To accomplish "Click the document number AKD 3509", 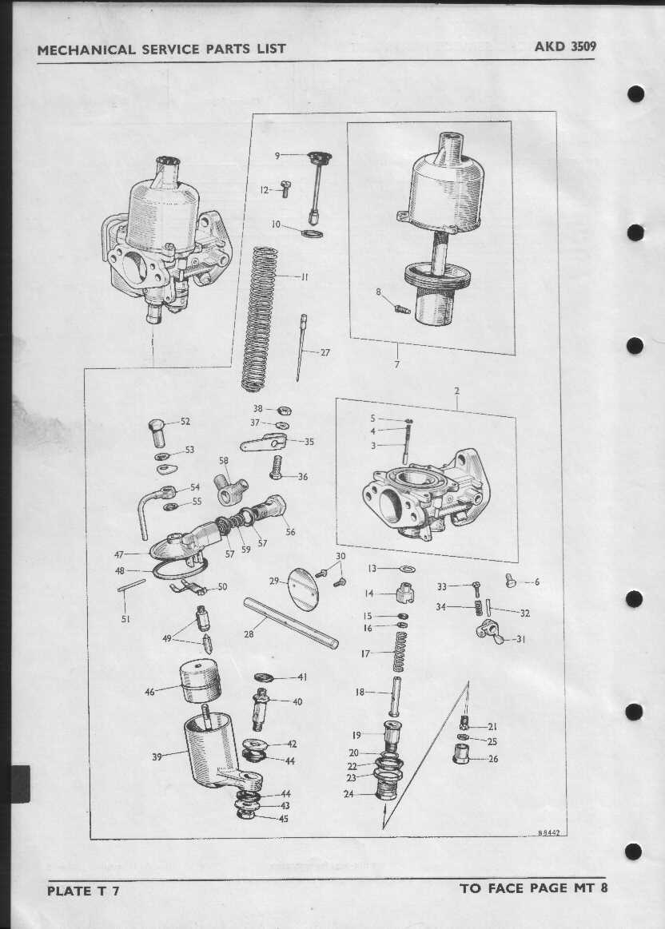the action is click(x=565, y=46).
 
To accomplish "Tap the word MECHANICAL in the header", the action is click(x=86, y=50).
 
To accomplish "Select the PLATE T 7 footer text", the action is click(x=83, y=891).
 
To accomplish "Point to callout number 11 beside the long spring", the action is click(x=305, y=276).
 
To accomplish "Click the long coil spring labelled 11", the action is click(x=260, y=319).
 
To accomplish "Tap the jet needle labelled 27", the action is click(x=301, y=347).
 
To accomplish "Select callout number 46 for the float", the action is click(x=149, y=692).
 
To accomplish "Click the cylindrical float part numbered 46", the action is click(x=201, y=681).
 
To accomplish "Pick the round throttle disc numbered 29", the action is click(x=303, y=589).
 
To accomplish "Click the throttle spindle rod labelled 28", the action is click(x=291, y=623).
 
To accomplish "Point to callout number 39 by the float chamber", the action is click(x=157, y=756).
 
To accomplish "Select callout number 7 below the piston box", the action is click(x=397, y=364).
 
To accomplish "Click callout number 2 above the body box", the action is click(x=457, y=391).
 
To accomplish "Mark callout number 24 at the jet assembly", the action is click(x=348, y=794).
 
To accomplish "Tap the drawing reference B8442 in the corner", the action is click(x=548, y=832).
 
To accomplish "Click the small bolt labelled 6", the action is click(x=511, y=581).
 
